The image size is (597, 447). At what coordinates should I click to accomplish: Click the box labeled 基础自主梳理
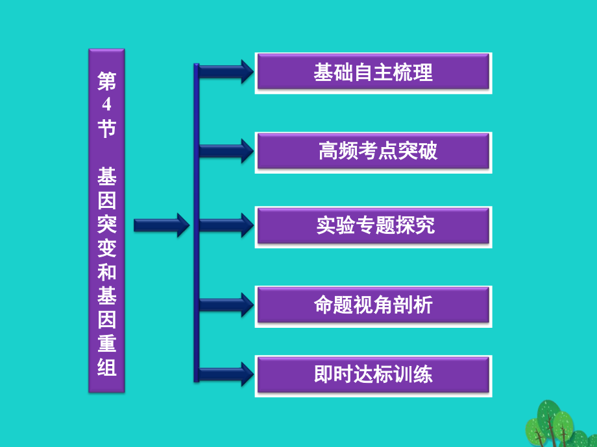click(373, 73)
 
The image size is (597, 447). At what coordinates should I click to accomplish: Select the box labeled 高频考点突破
click(373, 152)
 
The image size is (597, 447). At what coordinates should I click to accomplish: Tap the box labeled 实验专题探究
click(373, 226)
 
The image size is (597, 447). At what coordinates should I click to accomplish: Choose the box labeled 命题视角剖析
click(373, 304)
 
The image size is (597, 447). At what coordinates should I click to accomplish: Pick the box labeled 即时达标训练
click(373, 375)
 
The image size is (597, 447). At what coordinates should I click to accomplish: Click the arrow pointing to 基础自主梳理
click(225, 71)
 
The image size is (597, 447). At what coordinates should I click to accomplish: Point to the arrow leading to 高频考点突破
click(225, 151)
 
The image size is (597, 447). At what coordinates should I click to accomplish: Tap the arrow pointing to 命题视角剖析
click(225, 304)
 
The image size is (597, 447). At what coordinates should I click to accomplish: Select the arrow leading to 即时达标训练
click(225, 374)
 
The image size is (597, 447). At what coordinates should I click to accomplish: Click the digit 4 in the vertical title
click(106, 106)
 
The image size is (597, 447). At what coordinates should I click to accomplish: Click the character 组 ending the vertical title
click(106, 367)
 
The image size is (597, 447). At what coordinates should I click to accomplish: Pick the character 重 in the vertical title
click(106, 343)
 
